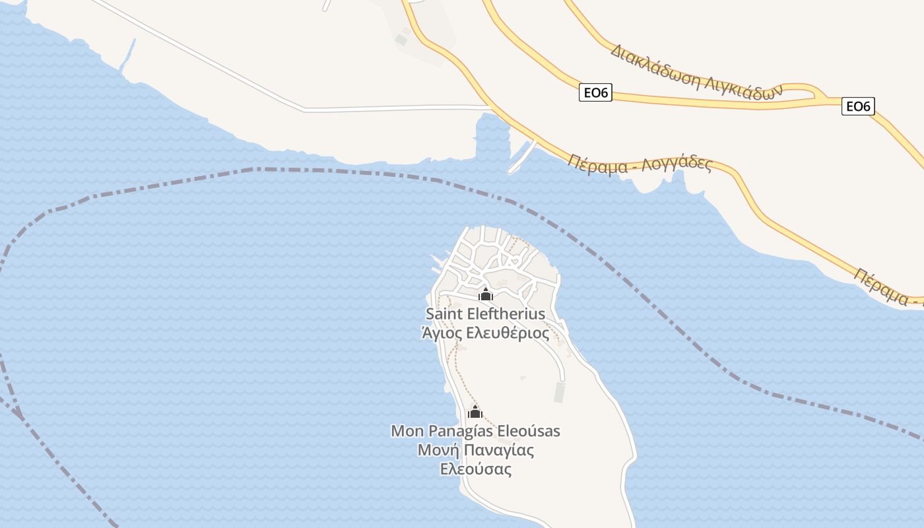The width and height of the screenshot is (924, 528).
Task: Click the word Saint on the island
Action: (444, 313)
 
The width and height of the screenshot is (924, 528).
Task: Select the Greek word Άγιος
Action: (442, 333)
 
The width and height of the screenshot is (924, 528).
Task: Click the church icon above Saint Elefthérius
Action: (486, 294)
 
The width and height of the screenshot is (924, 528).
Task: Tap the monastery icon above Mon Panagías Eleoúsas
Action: (475, 412)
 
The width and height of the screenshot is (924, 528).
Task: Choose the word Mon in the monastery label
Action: (407, 431)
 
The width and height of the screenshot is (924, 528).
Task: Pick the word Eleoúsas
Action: (528, 431)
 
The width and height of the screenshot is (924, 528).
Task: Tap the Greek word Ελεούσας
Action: (476, 470)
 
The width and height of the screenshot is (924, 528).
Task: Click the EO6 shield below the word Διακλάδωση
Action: (595, 93)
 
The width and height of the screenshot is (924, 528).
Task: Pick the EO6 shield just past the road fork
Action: (858, 106)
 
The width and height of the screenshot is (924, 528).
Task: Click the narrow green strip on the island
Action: (560, 392)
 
